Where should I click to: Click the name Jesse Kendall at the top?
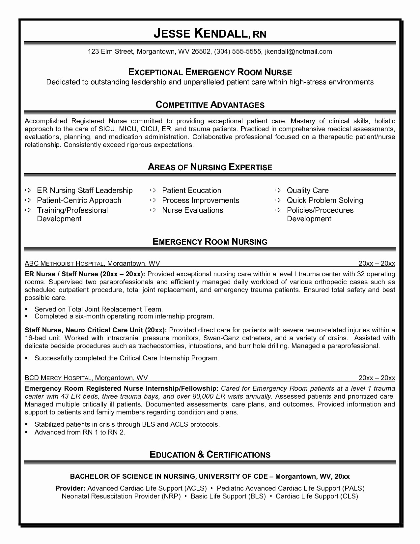[200, 33]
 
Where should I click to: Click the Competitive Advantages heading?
[210, 105]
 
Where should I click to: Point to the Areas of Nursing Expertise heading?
[210, 167]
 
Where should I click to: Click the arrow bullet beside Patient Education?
[153, 190]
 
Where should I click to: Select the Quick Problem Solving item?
[324, 200]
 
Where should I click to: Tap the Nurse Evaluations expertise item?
[192, 210]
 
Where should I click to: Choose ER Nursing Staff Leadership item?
[85, 190]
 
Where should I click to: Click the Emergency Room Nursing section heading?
[210, 242]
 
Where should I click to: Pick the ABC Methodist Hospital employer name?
[65, 263]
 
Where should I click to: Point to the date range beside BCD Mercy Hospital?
[377, 378]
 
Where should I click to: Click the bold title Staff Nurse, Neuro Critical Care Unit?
[96, 330]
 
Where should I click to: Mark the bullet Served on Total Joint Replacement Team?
[98, 309]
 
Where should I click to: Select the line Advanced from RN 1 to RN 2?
[80, 432]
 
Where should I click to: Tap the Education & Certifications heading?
[210, 455]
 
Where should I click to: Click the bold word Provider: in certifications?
[70, 488]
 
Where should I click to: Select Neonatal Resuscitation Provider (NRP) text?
[121, 496]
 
